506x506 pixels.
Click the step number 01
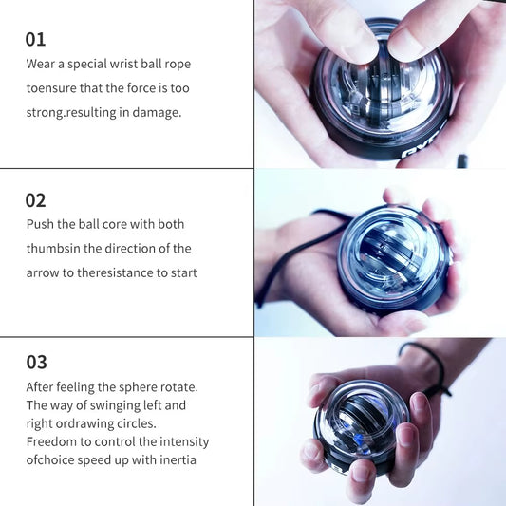pos(35,39)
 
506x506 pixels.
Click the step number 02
pos(35,200)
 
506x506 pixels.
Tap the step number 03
pos(36,362)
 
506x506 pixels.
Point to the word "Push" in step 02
pos(42,224)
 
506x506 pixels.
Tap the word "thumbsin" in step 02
pos(54,248)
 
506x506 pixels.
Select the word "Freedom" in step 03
pos(53,441)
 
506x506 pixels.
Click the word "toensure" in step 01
pos(54,87)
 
